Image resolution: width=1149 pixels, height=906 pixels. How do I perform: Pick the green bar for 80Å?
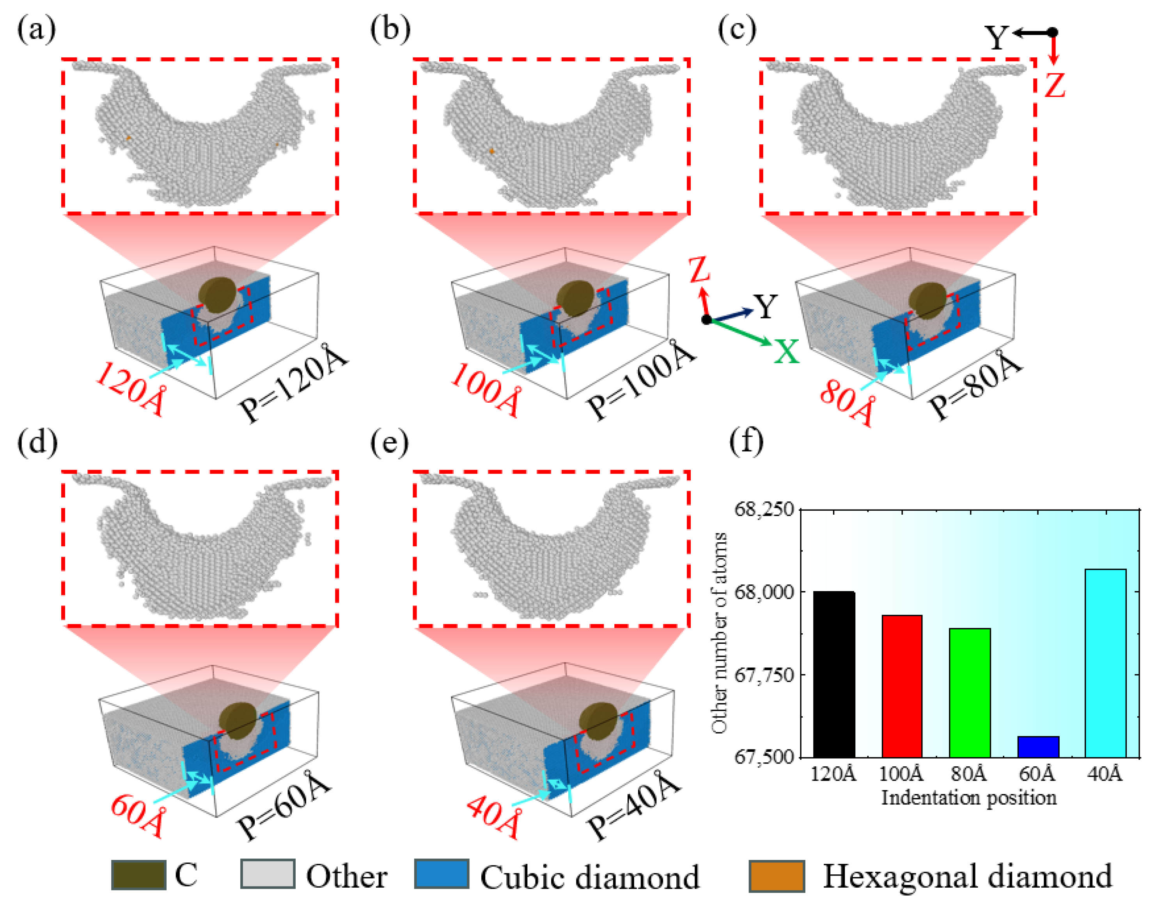click(969, 692)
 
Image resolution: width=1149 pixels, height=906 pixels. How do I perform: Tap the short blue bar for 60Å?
click(1038, 746)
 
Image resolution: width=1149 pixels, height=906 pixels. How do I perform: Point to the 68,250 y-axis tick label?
click(764, 509)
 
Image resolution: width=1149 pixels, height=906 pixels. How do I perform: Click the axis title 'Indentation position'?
click(969, 797)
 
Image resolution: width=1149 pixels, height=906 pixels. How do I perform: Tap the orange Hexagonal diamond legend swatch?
click(776, 876)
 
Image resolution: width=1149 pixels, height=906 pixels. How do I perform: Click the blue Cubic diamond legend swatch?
click(441, 874)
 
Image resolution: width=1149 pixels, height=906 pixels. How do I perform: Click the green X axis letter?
click(786, 351)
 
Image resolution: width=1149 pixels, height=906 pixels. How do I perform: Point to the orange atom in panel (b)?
click(491, 151)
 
